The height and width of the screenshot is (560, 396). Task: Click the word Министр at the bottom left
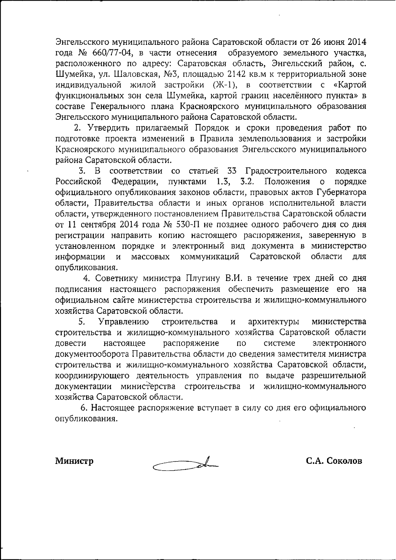pos(74,461)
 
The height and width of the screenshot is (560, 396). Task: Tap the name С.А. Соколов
pos(334,461)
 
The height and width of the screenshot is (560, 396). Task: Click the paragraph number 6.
pos(84,408)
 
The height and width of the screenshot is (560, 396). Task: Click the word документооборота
pos(92,354)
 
